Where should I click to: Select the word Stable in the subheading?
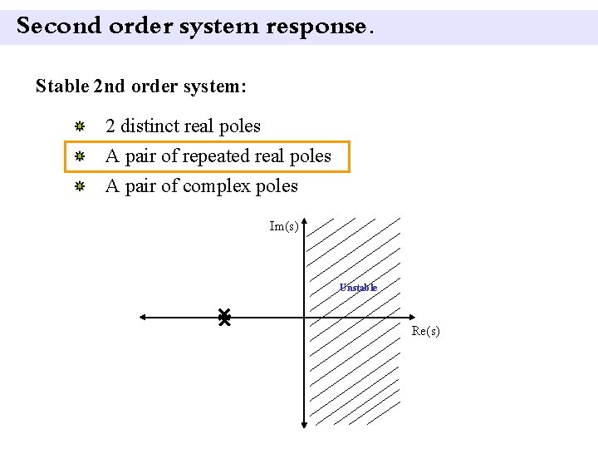coord(62,86)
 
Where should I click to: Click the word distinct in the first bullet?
coord(149,126)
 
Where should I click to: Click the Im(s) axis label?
coord(284,226)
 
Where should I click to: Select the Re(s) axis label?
coord(426,331)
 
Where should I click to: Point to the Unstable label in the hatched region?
coord(358,288)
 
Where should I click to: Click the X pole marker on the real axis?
coord(223,317)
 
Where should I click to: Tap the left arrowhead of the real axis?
coord(143,318)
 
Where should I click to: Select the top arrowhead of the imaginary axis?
coord(305,222)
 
